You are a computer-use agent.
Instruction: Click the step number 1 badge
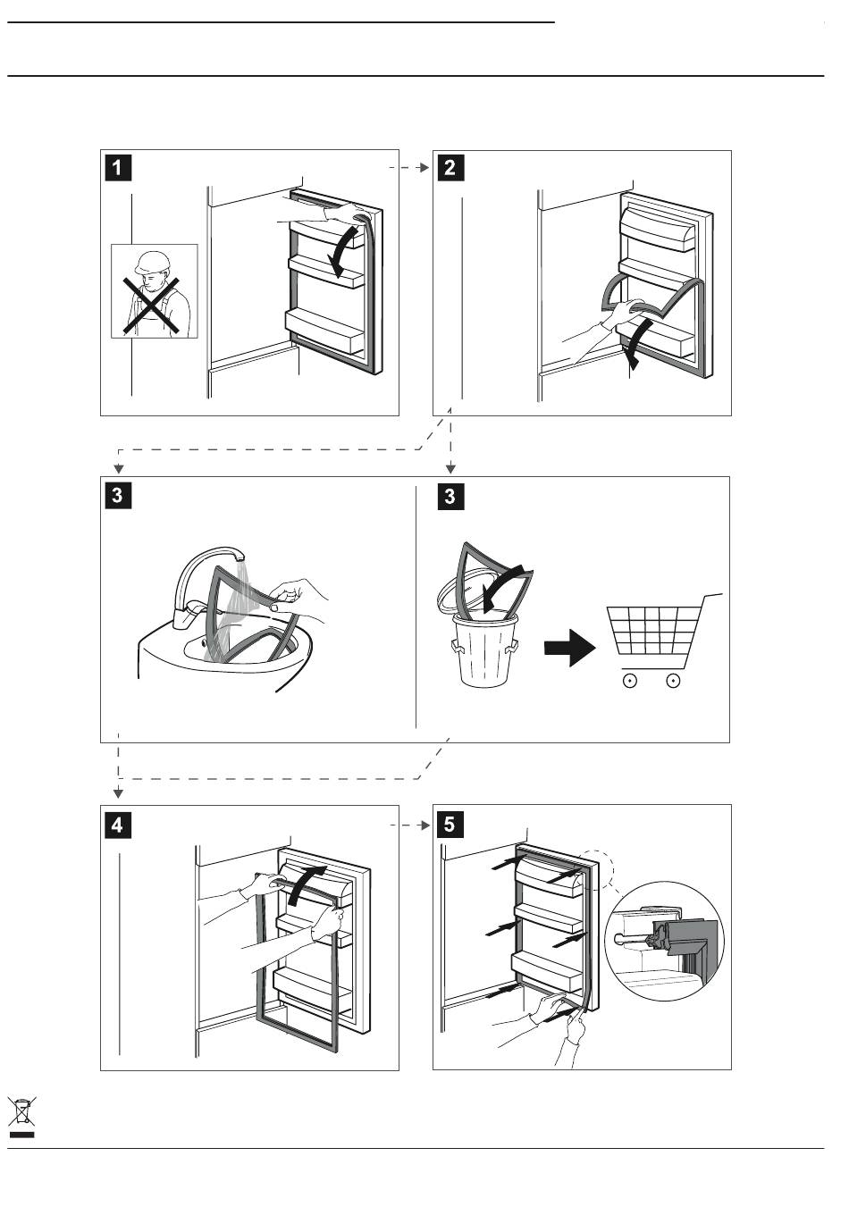tap(117, 168)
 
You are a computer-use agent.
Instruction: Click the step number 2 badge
tap(450, 168)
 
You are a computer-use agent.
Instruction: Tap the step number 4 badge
tap(117, 825)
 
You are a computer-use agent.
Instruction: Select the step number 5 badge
tap(450, 825)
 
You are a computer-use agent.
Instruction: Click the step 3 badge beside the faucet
tap(117, 495)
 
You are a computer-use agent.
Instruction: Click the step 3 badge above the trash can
tap(450, 497)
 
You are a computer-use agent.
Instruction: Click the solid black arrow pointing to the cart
tap(569, 648)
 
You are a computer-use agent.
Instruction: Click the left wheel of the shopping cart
tap(629, 680)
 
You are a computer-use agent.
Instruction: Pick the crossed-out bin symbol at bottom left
tap(21, 1111)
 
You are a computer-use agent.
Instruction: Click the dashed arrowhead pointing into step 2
tap(425, 168)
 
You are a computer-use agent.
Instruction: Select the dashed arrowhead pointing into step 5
tap(425, 825)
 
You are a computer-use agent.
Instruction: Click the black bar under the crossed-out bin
tap(21, 1135)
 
